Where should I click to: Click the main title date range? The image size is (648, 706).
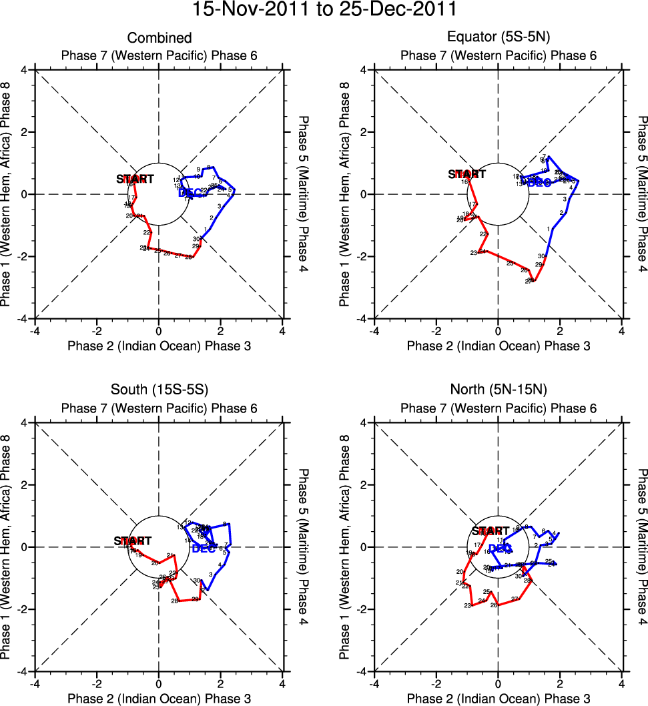point(324,11)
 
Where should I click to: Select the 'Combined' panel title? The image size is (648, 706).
point(159,38)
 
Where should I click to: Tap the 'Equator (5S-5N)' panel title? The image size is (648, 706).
point(498,38)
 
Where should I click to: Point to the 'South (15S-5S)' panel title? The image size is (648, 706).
point(159,391)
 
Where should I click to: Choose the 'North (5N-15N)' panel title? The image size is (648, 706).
point(498,391)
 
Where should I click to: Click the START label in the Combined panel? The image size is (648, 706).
point(135,179)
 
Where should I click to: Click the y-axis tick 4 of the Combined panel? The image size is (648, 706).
point(23,70)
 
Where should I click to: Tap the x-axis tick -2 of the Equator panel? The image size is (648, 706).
point(435,330)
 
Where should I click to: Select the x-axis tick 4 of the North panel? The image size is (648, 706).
point(621,683)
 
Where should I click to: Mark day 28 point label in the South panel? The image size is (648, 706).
point(174,601)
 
